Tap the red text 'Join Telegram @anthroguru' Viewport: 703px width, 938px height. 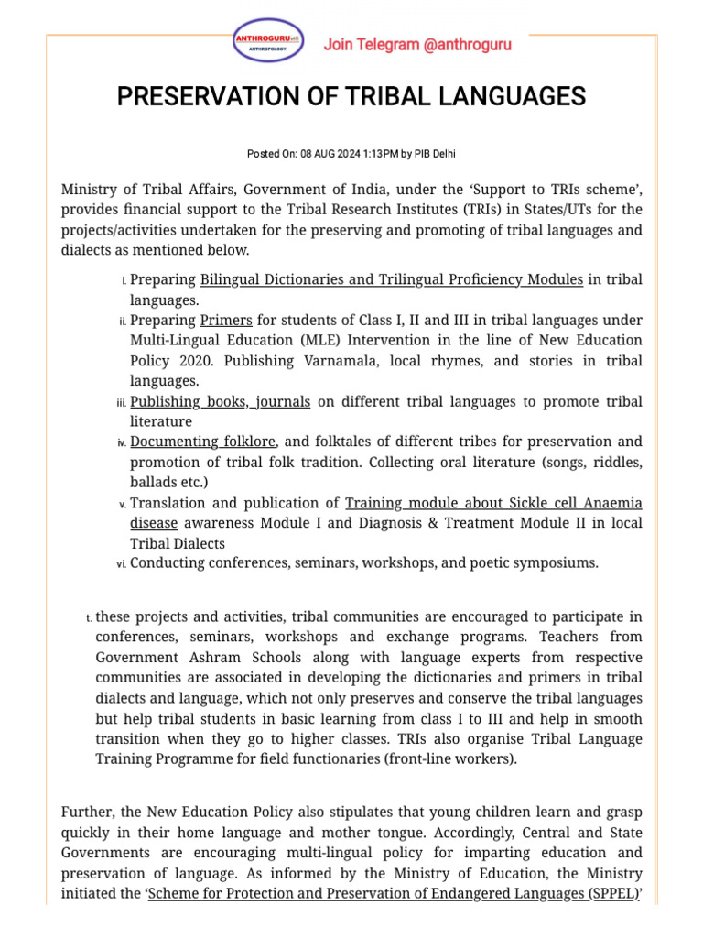click(x=417, y=45)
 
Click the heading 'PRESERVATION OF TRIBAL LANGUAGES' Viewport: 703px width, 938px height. click(x=351, y=97)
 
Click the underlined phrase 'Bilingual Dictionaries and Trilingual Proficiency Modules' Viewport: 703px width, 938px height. click(x=391, y=279)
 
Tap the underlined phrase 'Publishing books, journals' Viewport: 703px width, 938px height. click(x=220, y=401)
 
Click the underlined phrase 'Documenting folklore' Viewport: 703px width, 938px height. click(x=202, y=442)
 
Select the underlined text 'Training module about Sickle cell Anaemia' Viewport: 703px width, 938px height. click(x=493, y=503)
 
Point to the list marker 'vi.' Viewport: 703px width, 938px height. click(x=121, y=564)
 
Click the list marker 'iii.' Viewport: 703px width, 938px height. click(x=121, y=403)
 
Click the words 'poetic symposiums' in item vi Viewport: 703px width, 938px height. click(x=539, y=562)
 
